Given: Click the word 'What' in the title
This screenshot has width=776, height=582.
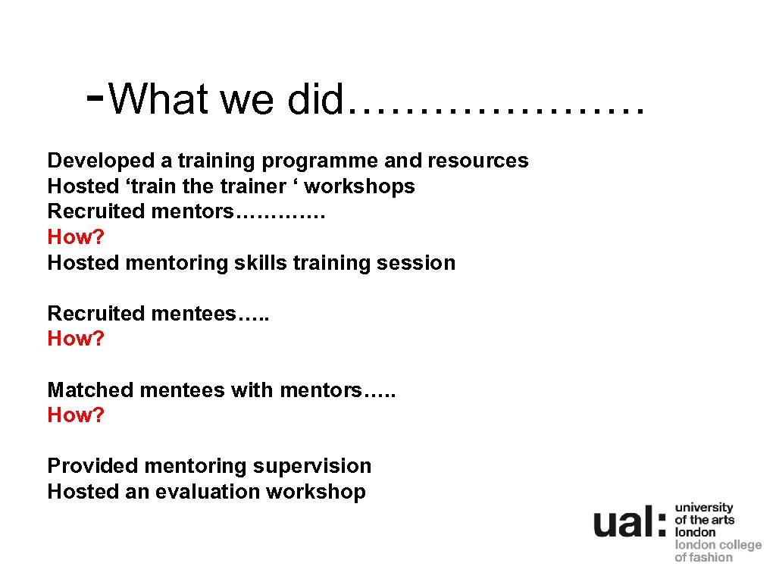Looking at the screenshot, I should pyautogui.click(x=158, y=99).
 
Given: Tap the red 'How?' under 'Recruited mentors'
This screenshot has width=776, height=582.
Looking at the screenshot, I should pyautogui.click(x=76, y=237).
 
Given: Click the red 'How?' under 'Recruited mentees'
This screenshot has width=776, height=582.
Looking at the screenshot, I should pyautogui.click(x=76, y=339).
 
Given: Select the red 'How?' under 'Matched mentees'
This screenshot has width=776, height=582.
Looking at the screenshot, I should pyautogui.click(x=76, y=415).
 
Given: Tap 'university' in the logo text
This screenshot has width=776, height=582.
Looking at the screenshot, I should pyautogui.click(x=704, y=508).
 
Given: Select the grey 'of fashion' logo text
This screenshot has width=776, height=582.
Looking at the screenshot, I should pyautogui.click(x=703, y=557).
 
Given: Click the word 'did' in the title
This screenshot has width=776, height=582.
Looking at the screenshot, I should pyautogui.click(x=315, y=99).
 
